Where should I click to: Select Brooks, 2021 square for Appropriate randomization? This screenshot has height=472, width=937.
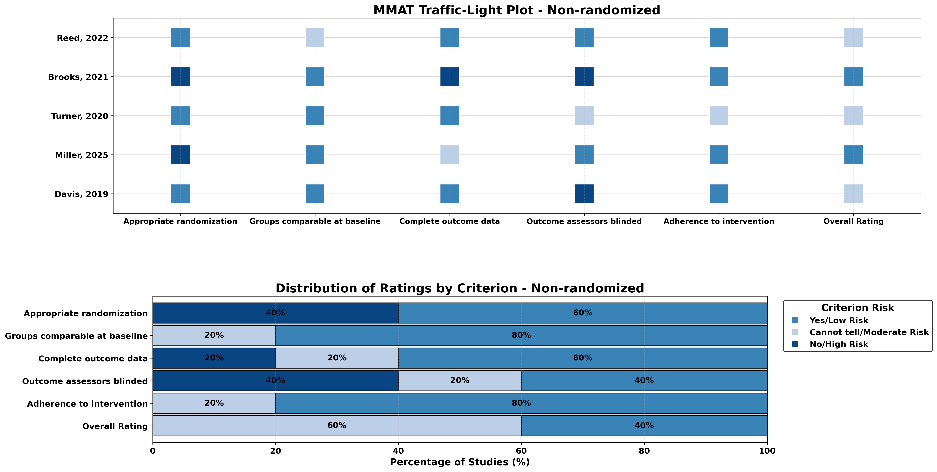click(x=180, y=77)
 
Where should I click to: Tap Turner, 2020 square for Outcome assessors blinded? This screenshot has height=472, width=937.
click(x=584, y=116)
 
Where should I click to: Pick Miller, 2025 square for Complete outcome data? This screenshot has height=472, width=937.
click(x=450, y=155)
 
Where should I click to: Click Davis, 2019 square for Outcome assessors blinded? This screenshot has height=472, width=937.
click(x=584, y=194)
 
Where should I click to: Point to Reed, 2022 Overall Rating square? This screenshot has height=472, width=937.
click(x=853, y=37)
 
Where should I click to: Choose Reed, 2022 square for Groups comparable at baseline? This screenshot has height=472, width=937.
click(x=315, y=37)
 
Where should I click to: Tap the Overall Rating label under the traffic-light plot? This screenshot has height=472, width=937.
click(x=853, y=221)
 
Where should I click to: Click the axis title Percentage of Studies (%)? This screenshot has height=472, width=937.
click(x=460, y=462)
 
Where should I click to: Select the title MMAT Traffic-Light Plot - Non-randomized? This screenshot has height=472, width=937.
click(x=517, y=10)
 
